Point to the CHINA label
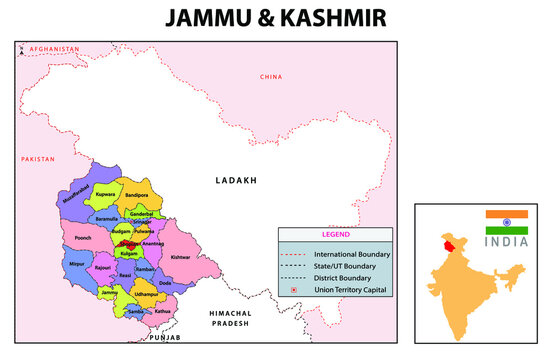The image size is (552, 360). (271, 77)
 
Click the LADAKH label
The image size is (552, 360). (236, 181)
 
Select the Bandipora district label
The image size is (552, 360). (136, 194)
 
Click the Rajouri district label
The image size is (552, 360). (104, 268)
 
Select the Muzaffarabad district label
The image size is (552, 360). (76, 196)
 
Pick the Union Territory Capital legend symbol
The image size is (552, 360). (294, 290)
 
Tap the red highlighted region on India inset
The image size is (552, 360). (445, 244)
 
